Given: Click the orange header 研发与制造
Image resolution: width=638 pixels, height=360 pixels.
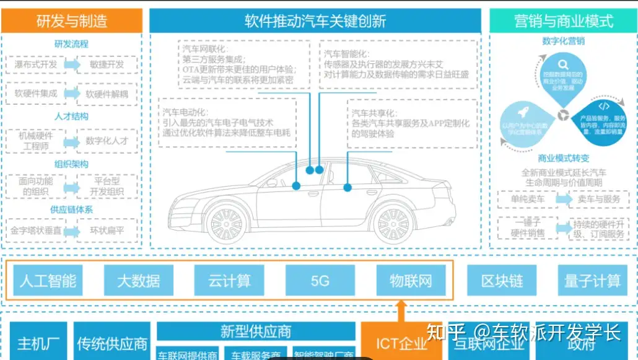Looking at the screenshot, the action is pos(71,20).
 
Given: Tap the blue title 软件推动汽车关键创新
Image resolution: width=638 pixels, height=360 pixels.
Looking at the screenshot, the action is pos(315,20).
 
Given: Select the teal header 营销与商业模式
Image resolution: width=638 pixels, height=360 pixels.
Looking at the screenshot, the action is pos(563,20).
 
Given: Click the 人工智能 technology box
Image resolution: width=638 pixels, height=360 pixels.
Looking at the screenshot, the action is pos(48,280).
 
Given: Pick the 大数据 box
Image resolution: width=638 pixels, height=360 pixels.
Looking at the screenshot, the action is pos(139,280).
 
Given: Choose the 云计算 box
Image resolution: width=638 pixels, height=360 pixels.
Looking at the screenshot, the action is pos(229,280).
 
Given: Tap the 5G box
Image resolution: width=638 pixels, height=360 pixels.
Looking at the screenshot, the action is pos(320,280).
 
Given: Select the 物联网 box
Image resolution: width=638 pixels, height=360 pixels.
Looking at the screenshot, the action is pos(411,280).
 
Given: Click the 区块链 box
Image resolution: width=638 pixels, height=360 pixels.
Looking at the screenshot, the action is pos(502,280).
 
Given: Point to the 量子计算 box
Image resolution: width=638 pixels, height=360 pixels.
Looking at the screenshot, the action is pos(592,280).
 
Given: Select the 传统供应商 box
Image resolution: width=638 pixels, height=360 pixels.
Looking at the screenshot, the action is pos(112,342).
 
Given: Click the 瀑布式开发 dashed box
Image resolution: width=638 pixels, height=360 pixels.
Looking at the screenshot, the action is pos(35,64).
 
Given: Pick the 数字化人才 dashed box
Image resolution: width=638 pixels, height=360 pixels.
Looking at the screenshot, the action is pos(107,141).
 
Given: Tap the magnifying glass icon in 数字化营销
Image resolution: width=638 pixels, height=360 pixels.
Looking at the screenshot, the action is pos(562,64).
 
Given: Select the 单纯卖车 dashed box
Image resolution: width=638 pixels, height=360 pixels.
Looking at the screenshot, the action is pos(528,200).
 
